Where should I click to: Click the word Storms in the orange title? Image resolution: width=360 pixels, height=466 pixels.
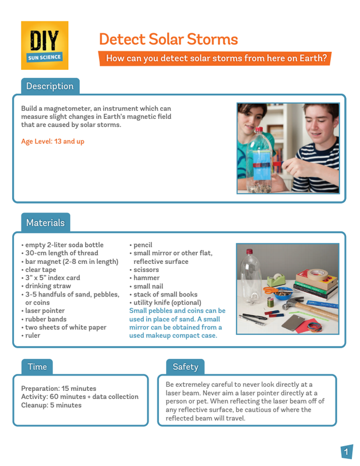click(211, 40)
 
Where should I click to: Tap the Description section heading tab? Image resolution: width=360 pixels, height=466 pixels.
click(49, 86)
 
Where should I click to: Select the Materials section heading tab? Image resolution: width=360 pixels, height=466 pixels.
click(45, 223)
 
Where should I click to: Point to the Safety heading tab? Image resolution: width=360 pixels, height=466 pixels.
click(185, 366)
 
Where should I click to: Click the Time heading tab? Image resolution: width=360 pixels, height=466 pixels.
click(37, 366)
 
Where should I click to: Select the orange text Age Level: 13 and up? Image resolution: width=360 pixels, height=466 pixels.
click(52, 141)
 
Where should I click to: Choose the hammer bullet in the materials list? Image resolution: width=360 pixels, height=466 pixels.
click(146, 278)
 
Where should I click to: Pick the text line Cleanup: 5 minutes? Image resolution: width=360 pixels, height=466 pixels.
click(51, 405)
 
